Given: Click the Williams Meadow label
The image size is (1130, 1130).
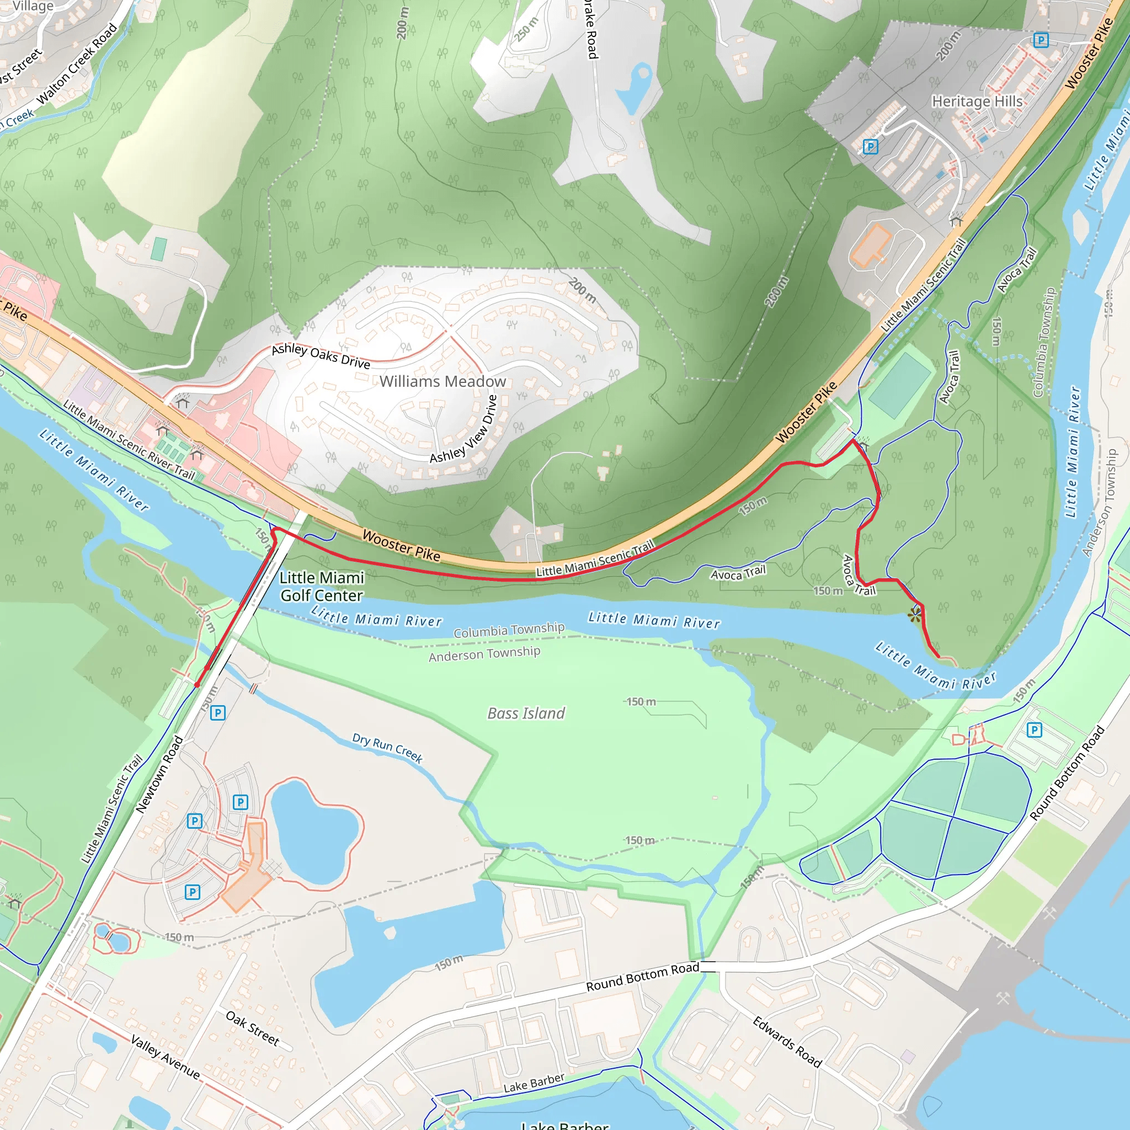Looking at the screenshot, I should tap(442, 381).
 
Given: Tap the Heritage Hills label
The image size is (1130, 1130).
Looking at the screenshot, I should tap(977, 101).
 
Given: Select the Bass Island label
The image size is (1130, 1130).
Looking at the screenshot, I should tap(526, 713).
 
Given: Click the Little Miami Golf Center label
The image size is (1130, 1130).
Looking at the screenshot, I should tap(322, 586).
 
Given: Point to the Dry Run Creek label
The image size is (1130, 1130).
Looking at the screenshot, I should tap(387, 748).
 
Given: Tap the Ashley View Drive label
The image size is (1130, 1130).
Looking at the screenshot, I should tap(464, 430).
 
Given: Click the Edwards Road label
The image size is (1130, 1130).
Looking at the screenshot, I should tap(787, 1042).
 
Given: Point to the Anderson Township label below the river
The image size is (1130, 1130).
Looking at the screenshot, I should tap(484, 654).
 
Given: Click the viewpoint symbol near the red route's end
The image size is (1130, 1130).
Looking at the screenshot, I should tap(915, 615).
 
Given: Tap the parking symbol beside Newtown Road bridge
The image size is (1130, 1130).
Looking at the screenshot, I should tap(217, 712).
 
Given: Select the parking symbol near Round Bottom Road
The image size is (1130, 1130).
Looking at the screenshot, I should tap(1034, 729).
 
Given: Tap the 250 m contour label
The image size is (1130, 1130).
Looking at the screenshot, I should tap(526, 29).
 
